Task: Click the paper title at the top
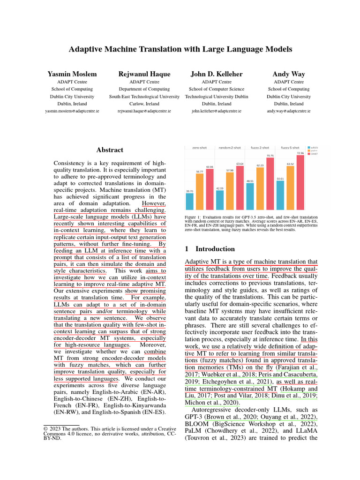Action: pyautogui.click(x=180, y=49)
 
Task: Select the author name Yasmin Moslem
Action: pyautogui.click(x=65, y=74)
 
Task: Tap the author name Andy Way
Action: pyautogui.click(x=288, y=74)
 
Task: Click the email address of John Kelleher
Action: pyautogui.click(x=216, y=112)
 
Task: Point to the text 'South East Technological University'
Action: pyautogui.click(x=144, y=97)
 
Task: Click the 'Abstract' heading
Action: pyautogui.click(x=110, y=150)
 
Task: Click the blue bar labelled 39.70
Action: pyautogui.click(x=190, y=201)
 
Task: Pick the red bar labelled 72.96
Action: pyautogui.click(x=300, y=182)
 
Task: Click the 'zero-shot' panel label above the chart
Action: pyautogui.click(x=200, y=148)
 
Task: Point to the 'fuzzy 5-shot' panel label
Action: pyautogui.click(x=290, y=148)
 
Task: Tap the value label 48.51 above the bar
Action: pyautogui.click(x=250, y=180)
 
